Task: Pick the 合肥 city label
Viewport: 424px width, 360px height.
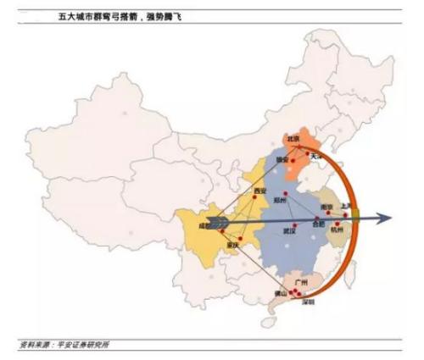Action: [x=319, y=224]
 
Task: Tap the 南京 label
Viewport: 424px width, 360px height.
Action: [x=326, y=208]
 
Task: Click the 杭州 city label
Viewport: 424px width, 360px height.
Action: [x=338, y=230]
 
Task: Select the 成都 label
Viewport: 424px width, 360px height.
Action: [x=202, y=226]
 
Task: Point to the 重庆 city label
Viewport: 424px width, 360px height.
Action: [x=233, y=245]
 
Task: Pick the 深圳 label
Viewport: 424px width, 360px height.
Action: [x=307, y=302]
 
